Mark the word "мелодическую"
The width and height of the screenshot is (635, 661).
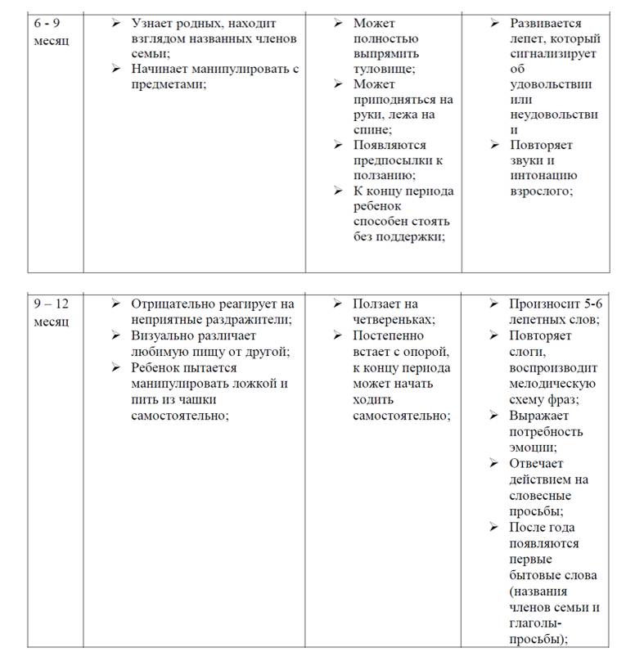click(x=552, y=384)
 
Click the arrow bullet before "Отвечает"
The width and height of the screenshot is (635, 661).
click(x=494, y=463)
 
